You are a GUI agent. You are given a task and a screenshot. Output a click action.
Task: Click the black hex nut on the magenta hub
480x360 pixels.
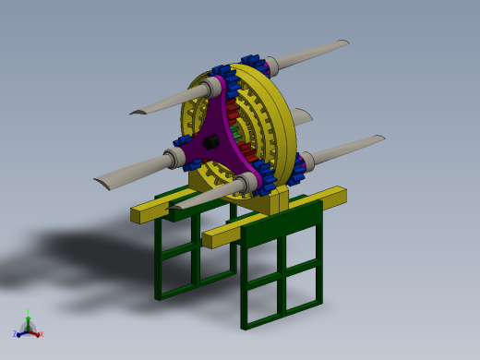point(210,142)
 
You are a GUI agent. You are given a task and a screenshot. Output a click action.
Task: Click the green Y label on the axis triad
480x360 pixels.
point(28,311)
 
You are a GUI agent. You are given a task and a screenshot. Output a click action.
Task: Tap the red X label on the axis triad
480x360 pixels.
point(42,334)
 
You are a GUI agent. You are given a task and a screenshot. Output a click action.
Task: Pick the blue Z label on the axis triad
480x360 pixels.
point(15,334)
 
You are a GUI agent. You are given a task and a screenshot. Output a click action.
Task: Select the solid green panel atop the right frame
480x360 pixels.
point(282,222)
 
